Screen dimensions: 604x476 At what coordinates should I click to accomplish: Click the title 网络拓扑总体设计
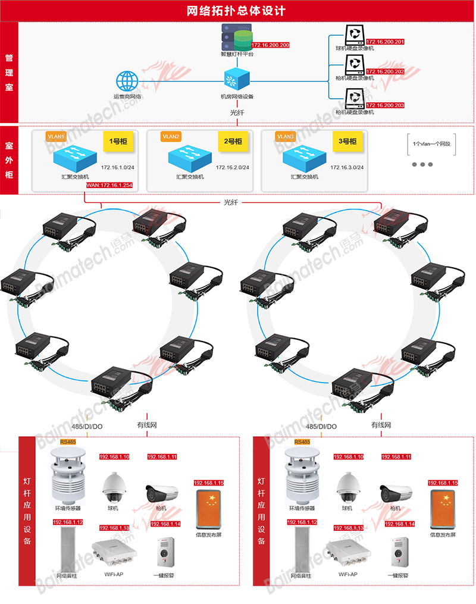[237, 11]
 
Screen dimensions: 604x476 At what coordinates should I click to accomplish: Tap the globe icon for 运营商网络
[127, 82]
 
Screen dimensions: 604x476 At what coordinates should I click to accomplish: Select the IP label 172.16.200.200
[270, 45]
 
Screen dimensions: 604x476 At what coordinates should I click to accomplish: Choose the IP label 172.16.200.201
[385, 42]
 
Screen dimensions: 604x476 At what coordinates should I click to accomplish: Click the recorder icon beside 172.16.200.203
[355, 97]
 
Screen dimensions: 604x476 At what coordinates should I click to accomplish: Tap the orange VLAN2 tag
[171, 136]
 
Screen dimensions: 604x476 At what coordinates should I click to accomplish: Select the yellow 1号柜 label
[115, 142]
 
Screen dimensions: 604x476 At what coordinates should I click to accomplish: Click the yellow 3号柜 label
[347, 142]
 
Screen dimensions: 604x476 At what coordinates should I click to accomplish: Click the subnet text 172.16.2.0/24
[233, 168]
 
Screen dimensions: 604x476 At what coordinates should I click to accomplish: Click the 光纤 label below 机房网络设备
[237, 112]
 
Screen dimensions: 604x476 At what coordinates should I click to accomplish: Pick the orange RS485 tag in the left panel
[68, 442]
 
